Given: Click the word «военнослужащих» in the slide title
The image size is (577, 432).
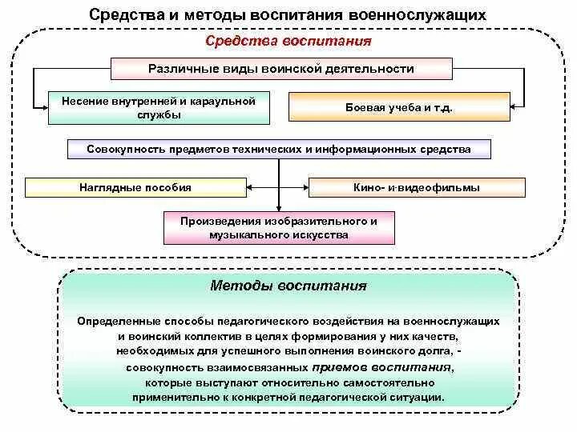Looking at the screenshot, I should (419, 15).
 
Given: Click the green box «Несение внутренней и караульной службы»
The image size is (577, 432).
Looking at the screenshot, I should (158, 108).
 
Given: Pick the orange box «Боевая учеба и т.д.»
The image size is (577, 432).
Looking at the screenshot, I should (399, 107).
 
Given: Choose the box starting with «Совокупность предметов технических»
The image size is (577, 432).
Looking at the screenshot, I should (278, 149).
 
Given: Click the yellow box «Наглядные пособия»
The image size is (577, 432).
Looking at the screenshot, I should (135, 187).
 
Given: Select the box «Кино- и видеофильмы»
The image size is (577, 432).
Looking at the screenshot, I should (417, 188).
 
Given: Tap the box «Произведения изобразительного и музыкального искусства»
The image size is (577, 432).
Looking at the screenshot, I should (278, 228).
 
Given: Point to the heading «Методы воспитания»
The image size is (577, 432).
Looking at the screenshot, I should (288, 286).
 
